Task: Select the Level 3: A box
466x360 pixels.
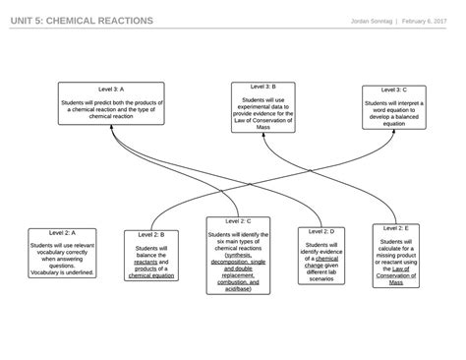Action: click(x=110, y=104)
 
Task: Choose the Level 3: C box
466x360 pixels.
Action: click(x=393, y=107)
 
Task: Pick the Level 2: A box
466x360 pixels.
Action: click(x=61, y=253)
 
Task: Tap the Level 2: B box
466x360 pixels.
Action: click(x=150, y=256)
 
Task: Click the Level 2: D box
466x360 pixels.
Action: click(x=321, y=256)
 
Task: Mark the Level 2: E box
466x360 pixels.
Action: click(x=395, y=256)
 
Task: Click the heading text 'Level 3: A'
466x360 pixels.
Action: click(x=111, y=89)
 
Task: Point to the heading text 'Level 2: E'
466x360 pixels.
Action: click(x=395, y=228)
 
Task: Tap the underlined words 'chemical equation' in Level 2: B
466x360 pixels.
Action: click(x=151, y=276)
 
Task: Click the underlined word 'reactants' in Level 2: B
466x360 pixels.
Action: click(x=146, y=263)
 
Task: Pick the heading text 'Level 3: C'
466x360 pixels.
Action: click(x=393, y=90)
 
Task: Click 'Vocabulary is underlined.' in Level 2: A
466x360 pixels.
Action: click(x=62, y=272)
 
